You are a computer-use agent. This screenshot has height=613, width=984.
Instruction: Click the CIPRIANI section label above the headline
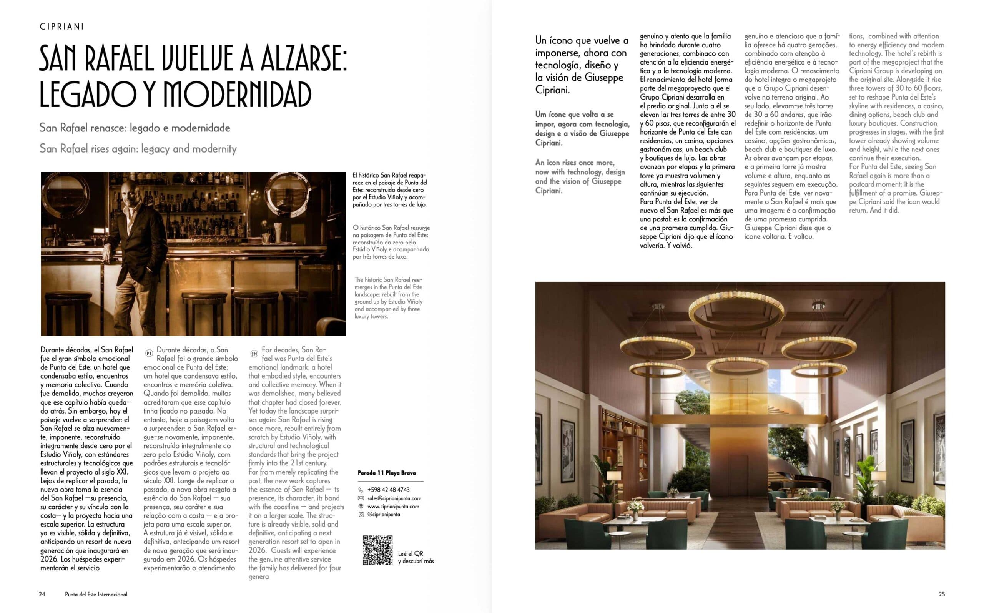[x=61, y=27]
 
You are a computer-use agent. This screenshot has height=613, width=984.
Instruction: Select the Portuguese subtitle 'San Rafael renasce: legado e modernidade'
[x=135, y=128]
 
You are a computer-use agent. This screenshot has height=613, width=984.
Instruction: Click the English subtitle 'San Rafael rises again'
[x=138, y=149]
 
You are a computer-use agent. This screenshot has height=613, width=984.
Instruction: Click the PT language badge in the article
[x=149, y=353]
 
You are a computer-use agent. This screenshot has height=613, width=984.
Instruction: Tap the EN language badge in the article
[x=254, y=354]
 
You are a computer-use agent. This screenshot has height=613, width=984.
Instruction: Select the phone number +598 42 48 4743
[x=388, y=490]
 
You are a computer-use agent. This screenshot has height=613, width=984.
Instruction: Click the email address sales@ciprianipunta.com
[x=394, y=498]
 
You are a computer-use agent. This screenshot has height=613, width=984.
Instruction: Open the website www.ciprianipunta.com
[x=393, y=507]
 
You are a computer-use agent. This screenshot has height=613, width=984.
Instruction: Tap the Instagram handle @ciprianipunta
[x=384, y=515]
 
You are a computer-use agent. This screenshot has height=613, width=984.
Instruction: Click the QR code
[x=377, y=550]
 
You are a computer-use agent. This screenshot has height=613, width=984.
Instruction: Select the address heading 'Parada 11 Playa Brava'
[x=386, y=473]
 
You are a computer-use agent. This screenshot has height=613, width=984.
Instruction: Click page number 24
[x=42, y=594]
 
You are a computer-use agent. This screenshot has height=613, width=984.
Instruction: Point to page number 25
[x=941, y=594]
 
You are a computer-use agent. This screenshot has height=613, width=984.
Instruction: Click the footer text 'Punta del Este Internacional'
[x=96, y=594]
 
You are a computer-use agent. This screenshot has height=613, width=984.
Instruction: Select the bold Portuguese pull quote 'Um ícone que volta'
[x=582, y=128]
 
